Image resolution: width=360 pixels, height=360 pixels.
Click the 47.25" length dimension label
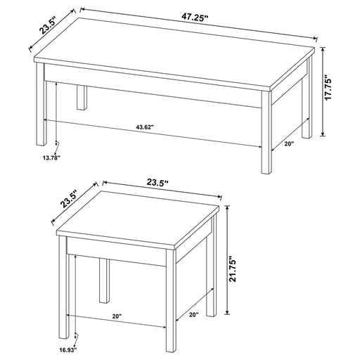[195, 18]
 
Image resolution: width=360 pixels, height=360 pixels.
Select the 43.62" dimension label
[145, 127]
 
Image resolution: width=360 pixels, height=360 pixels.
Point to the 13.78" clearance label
[52, 157]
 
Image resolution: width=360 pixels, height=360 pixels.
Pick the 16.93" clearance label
[68, 350]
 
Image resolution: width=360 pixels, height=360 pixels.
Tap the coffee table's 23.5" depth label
[49, 25]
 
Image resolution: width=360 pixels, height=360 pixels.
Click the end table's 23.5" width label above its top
[157, 182]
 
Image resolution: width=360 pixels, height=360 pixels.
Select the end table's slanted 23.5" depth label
[69, 199]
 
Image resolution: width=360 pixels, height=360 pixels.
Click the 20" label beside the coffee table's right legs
[289, 144]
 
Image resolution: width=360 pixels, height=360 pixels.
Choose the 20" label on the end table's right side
[193, 315]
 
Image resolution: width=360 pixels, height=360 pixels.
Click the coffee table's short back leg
[82, 97]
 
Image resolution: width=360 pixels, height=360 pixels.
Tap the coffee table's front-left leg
[41, 104]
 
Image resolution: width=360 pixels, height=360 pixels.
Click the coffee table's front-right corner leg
[266, 132]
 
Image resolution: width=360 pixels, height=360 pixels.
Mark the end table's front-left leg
[64, 288]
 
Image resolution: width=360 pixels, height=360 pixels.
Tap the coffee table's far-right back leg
[307, 98]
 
